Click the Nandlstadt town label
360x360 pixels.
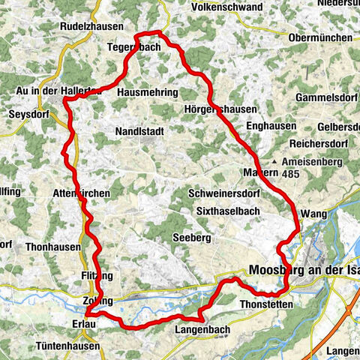139,130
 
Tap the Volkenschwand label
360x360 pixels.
227,7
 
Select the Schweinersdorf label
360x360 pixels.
224,192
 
